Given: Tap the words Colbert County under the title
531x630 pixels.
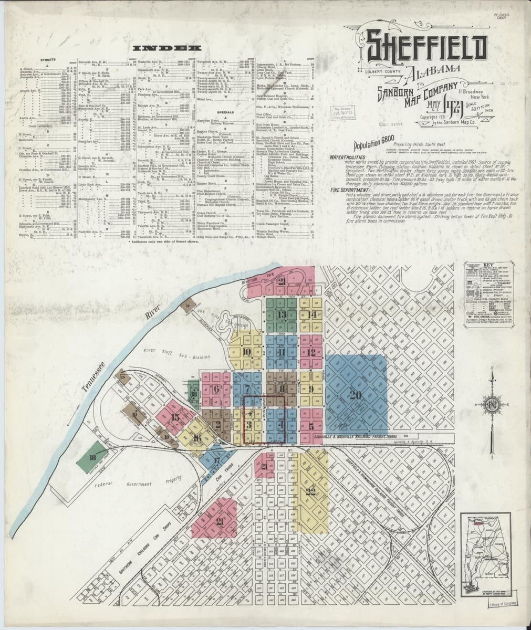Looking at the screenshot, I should pyautogui.click(x=378, y=70).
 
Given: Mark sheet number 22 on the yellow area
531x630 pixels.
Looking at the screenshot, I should pyautogui.click(x=311, y=492).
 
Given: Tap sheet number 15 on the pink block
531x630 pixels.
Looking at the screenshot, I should pyautogui.click(x=175, y=417).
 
